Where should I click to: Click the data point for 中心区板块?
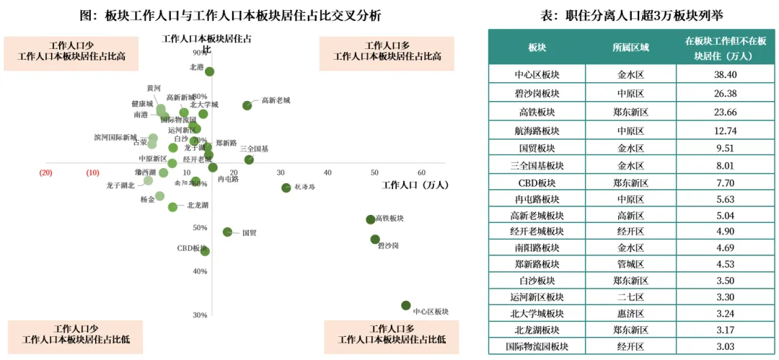pos(406,306)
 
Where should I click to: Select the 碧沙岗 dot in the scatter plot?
pos(375,240)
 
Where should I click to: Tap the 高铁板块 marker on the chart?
pos(371,219)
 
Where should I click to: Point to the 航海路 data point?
pos(286,188)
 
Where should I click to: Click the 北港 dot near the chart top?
pos(209,71)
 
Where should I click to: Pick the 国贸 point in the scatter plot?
pos(227,232)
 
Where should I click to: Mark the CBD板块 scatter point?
pos(205,251)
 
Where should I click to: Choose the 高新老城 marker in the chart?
pos(247,105)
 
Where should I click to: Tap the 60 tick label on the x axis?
pos(421,173)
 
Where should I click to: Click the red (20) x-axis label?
pos(46,173)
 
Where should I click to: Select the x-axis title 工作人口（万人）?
pos(415,185)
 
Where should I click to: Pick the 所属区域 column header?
pos(630,48)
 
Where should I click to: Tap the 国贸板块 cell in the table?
pos(537,149)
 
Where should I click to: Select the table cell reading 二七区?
pos(630,296)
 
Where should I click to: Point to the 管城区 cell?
pos(630,263)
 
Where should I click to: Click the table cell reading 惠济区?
pos(630,314)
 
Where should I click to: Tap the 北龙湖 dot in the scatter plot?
pos(172,207)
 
